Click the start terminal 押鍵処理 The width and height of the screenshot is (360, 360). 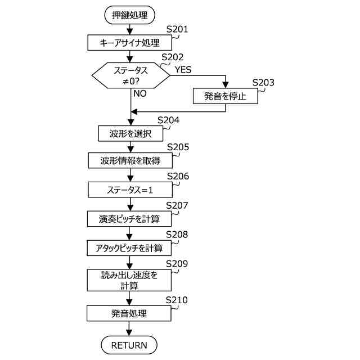[130, 15]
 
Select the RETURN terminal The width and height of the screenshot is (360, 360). [129, 345]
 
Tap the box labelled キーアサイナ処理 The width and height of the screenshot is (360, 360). [130, 42]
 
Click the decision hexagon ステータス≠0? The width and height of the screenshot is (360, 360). [130, 76]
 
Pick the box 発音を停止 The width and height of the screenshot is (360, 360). [226, 96]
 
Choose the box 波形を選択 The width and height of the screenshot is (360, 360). [130, 134]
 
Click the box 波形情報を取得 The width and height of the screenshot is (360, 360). [130, 161]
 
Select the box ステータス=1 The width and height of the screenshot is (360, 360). [130, 190]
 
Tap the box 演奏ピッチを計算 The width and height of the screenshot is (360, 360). [130, 219]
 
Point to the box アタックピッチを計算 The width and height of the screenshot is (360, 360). [130, 248]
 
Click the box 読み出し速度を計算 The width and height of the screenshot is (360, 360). [130, 280]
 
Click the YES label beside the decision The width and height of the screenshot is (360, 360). [183, 70]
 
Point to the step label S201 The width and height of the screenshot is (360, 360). [177, 29]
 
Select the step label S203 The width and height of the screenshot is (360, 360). [263, 82]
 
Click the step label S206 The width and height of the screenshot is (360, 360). [178, 176]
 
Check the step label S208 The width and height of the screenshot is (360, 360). [177, 234]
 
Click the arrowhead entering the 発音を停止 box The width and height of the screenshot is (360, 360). [226, 85]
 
